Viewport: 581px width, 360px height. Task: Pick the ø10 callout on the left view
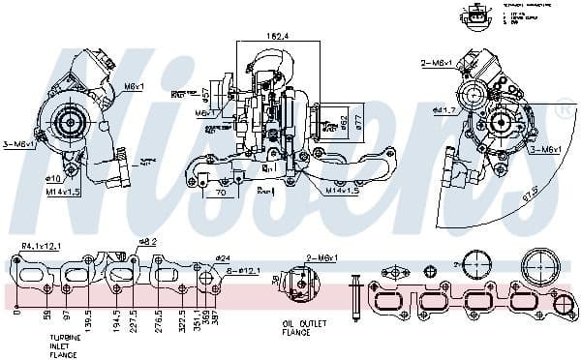53,178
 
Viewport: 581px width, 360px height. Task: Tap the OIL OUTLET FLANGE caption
296,330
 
